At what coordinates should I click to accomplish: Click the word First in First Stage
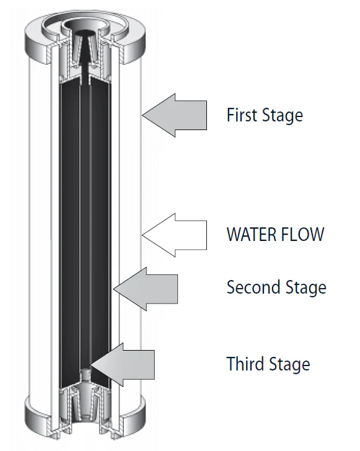[240, 115]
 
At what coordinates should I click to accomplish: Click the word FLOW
[302, 234]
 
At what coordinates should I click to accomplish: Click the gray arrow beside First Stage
[174, 115]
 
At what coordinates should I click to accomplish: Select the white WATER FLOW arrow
[174, 235]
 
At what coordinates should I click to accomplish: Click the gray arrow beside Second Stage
[146, 289]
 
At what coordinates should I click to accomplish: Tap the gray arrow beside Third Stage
[123, 364]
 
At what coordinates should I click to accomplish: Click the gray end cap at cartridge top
[85, 37]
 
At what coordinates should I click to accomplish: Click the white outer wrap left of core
[40, 230]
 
